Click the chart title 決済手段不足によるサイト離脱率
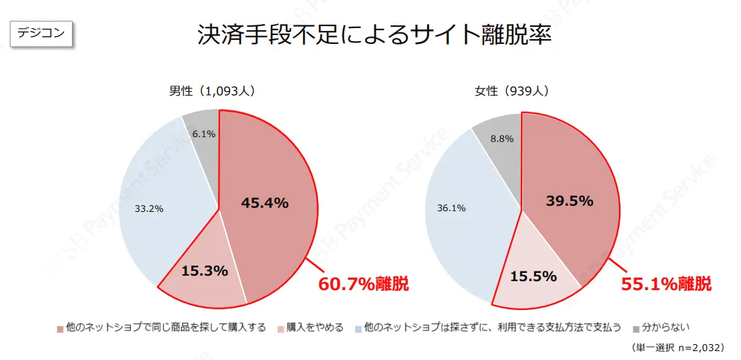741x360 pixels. pyautogui.click(x=374, y=35)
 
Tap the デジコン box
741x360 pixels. pyautogui.click(x=41, y=33)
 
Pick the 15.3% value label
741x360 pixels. pyautogui.click(x=204, y=271)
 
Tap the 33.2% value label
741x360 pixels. pyautogui.click(x=149, y=208)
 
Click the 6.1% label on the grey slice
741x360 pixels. pyautogui.click(x=204, y=134)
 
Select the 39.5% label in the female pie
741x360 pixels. pyautogui.click(x=570, y=201)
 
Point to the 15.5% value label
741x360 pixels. pyautogui.click(x=533, y=276)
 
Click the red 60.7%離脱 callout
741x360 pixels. pyautogui.click(x=363, y=284)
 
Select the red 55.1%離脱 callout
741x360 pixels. pyautogui.click(x=666, y=284)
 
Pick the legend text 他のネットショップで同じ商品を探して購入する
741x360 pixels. pyautogui.click(x=165, y=328)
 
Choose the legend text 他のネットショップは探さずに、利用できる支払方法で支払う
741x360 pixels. pyautogui.click(x=493, y=328)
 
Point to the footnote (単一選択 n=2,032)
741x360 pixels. pyautogui.click(x=679, y=347)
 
